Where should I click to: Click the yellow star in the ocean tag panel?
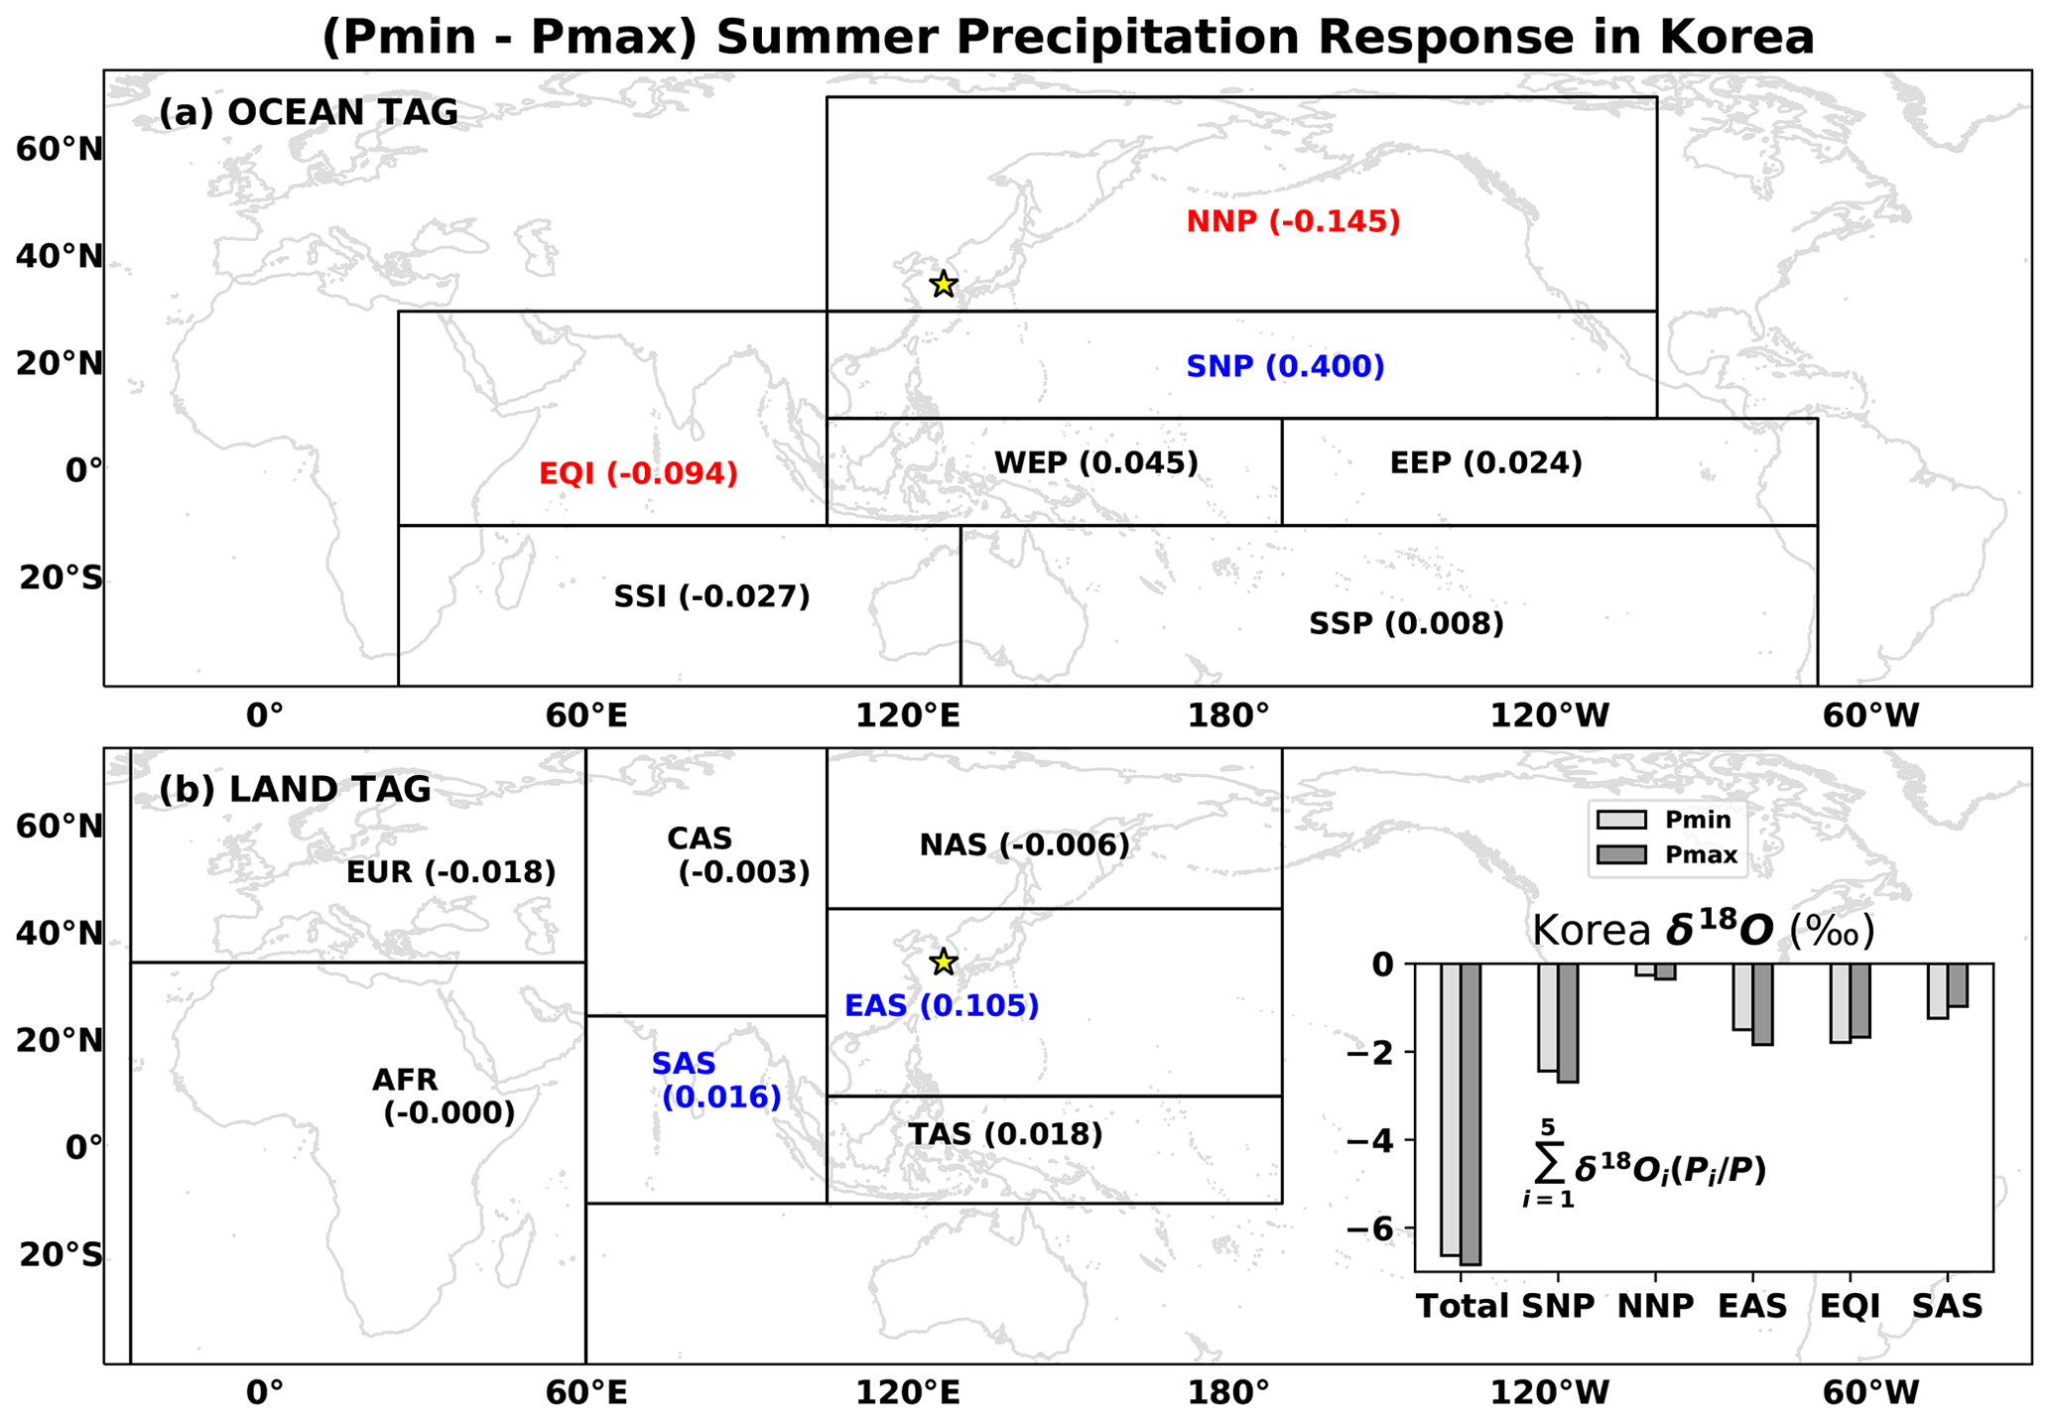tap(943, 284)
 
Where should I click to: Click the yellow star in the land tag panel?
tap(943, 962)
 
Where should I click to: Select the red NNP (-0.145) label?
tap(1293, 221)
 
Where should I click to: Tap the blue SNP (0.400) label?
tap(1285, 366)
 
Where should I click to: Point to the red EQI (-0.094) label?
tap(638, 473)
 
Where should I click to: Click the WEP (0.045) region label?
tap(1096, 462)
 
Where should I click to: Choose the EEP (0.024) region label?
tap(1485, 462)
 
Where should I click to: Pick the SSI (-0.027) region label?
tap(711, 596)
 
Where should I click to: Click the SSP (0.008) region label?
tap(1406, 623)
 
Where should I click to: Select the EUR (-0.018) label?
tap(450, 872)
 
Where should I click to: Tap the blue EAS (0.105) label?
tap(942, 1005)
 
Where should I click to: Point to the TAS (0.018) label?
tap(1005, 1134)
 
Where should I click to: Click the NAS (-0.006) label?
tap(1024, 845)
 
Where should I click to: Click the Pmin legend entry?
tap(1664, 820)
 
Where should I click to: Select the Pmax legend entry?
tap(1667, 855)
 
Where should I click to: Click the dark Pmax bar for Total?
tap(1471, 1113)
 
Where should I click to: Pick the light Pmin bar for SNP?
tap(1548, 1017)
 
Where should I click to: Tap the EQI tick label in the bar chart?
tap(1850, 1306)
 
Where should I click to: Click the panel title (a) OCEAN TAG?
tap(309, 113)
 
